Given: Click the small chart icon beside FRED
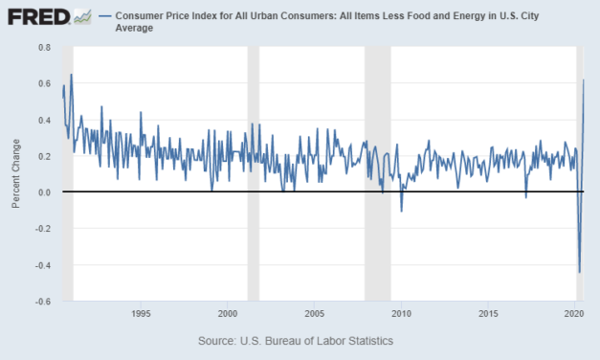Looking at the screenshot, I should [x=83, y=16].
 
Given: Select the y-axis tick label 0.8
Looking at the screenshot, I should [x=45, y=47].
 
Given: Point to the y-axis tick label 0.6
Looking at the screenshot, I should [x=45, y=83].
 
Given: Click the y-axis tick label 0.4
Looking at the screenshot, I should [x=45, y=120].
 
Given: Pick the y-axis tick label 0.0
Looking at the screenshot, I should [x=45, y=192].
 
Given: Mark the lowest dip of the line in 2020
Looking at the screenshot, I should [x=580, y=272].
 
